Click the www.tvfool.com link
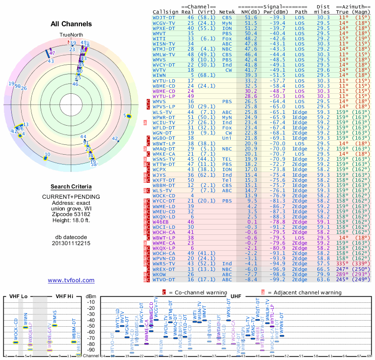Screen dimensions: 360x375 [x=71, y=280]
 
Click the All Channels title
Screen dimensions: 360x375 [x=71, y=24]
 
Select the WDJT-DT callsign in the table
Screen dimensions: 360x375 [x=164, y=17]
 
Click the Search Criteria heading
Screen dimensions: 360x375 [x=71, y=187]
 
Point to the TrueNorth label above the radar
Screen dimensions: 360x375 [x=71, y=35]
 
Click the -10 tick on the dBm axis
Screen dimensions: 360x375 [x=90, y=302]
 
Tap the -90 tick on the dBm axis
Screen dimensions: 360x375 [x=90, y=350]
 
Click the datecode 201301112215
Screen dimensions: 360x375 [x=71, y=243]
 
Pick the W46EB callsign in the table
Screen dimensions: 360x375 [x=160, y=222]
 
